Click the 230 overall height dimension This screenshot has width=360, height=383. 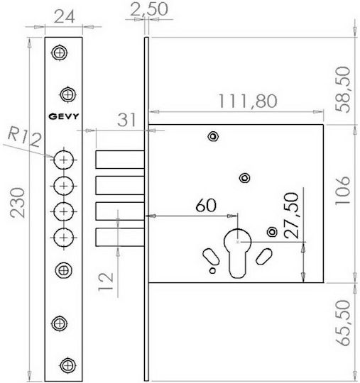(18, 202)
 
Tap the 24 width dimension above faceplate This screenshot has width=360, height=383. (64, 17)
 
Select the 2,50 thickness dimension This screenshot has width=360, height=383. (149, 9)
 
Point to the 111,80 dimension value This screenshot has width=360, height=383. (248, 101)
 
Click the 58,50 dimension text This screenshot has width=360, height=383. (343, 89)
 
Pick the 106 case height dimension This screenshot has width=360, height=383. (343, 191)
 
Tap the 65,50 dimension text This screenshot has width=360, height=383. (343, 323)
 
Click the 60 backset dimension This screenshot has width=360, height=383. (206, 205)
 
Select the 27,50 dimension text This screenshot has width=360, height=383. (292, 216)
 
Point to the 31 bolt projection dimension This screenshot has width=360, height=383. (126, 120)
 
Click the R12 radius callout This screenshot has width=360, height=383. (24, 137)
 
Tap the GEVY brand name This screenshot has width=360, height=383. (64, 116)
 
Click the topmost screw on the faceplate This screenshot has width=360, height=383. (60, 52)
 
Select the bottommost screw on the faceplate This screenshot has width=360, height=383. (67, 365)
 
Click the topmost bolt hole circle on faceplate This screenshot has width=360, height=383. (64, 160)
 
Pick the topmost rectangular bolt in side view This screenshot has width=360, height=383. (120, 160)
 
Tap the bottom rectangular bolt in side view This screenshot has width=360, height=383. (120, 237)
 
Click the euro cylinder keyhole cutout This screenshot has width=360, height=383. (237, 254)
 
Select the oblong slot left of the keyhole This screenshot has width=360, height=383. (211, 257)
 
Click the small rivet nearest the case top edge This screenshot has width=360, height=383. (213, 137)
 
